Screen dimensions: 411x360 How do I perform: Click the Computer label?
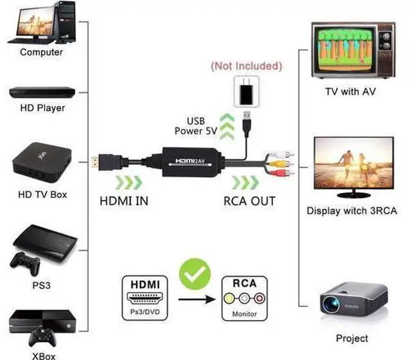click(41, 52)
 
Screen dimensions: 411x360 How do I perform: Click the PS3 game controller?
click(24, 262)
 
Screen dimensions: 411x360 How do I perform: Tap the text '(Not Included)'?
click(246, 66)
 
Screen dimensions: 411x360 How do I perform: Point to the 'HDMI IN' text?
click(124, 201)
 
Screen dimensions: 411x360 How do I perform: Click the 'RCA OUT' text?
click(249, 201)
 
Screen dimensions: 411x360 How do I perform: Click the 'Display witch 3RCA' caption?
click(351, 210)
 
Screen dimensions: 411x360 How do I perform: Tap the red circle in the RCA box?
click(258, 298)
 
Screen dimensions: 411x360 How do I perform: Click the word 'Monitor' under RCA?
click(244, 314)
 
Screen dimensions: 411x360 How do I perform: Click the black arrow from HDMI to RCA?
click(197, 299)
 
